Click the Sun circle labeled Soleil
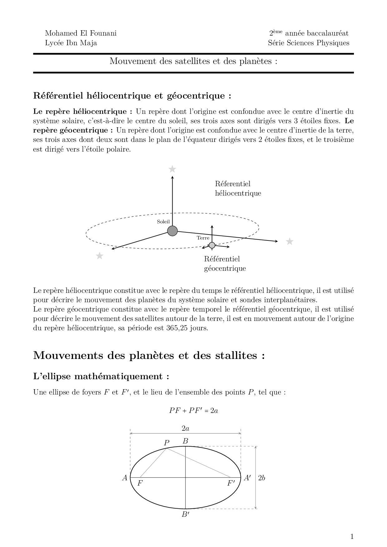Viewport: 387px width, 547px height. coord(172,231)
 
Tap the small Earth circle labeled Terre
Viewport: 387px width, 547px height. coord(212,245)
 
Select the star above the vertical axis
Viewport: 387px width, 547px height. coord(172,169)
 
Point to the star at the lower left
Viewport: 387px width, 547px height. coord(100,256)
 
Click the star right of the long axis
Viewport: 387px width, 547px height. coord(290,241)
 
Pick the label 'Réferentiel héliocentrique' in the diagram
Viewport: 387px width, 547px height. coord(238,188)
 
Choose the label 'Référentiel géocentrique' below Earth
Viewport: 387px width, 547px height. coord(225,264)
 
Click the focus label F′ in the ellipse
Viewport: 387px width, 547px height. coord(231,483)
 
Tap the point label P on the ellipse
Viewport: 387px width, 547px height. coord(166,443)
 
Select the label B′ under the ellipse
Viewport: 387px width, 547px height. coord(186,515)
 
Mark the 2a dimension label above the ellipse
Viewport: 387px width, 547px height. coord(185,428)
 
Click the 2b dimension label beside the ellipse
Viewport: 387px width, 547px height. coord(262,478)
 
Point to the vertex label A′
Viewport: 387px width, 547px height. coord(247,478)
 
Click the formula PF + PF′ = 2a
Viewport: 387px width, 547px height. coord(193,410)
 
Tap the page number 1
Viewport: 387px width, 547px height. coord(352,536)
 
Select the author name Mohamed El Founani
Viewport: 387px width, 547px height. coord(81,33)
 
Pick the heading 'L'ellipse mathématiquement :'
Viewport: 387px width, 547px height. coord(101,376)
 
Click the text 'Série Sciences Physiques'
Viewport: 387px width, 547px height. coord(308,43)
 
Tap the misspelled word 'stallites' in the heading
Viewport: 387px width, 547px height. coord(230,356)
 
